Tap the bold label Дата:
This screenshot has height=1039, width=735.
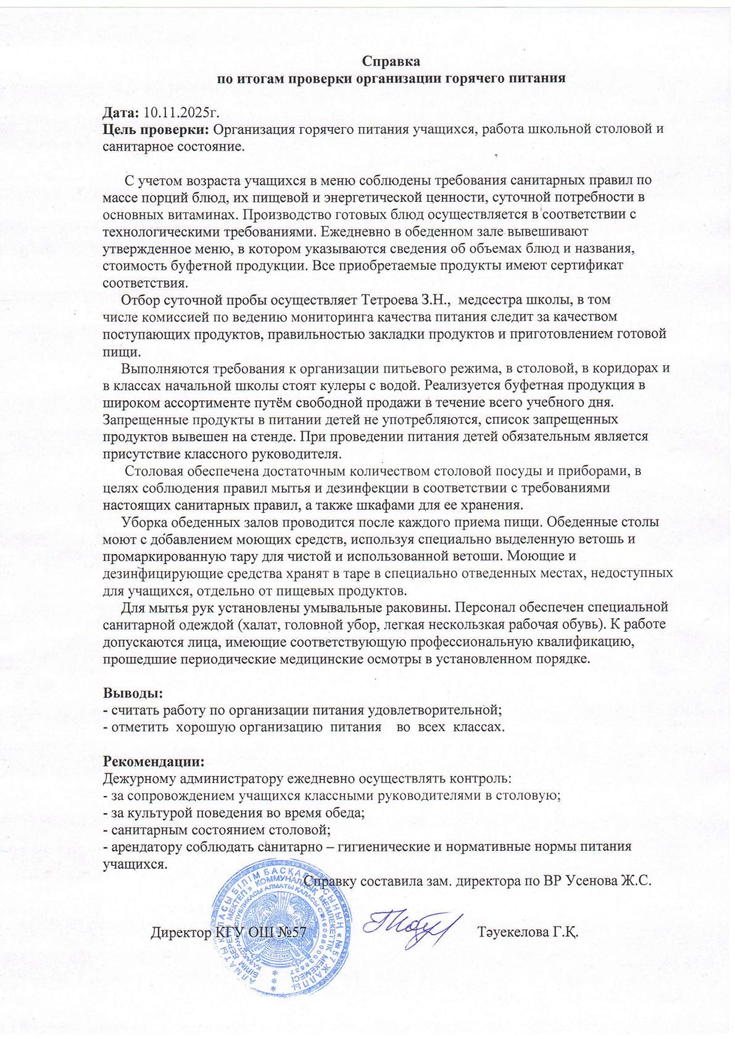click(121, 113)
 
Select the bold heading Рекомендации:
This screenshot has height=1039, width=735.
click(152, 760)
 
